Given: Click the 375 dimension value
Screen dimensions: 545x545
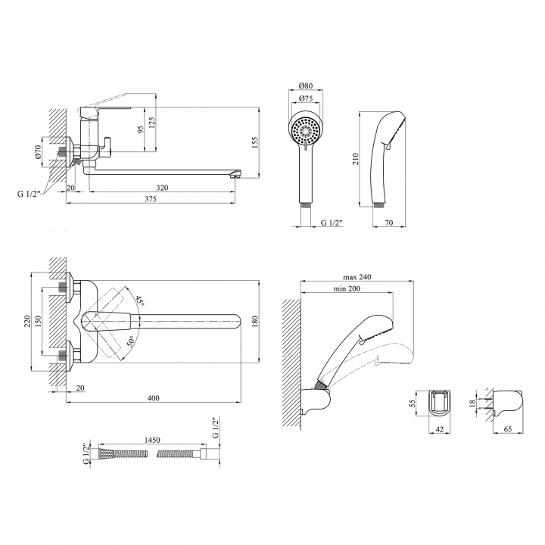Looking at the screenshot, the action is pyautogui.click(x=151, y=199).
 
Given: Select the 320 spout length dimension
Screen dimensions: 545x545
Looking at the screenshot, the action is pyautogui.click(x=162, y=188).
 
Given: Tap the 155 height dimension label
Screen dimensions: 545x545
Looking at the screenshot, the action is pyautogui.click(x=255, y=142).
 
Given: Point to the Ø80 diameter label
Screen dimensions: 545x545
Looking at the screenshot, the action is pyautogui.click(x=306, y=86).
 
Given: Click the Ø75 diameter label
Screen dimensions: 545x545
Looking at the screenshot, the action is pyautogui.click(x=306, y=98).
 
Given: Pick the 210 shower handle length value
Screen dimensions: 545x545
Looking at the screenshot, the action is pyautogui.click(x=356, y=159).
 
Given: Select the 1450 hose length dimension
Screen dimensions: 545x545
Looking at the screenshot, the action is pyautogui.click(x=152, y=440).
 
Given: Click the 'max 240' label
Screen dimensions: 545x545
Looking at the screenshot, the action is pyautogui.click(x=357, y=277).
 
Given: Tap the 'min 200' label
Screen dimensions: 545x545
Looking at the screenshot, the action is pyautogui.click(x=347, y=288).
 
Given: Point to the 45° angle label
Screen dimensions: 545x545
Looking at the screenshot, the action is pyautogui.click(x=140, y=301).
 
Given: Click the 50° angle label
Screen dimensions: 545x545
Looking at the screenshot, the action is pyautogui.click(x=130, y=341).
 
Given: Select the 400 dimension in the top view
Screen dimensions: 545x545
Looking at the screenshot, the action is pyautogui.click(x=153, y=398).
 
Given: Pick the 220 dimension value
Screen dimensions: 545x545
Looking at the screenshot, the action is pyautogui.click(x=28, y=321).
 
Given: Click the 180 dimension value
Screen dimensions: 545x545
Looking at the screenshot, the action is pyautogui.click(x=255, y=321).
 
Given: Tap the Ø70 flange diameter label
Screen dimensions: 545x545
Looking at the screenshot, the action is pyautogui.click(x=38, y=152).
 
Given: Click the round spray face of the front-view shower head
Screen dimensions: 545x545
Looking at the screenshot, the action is pyautogui.click(x=306, y=132).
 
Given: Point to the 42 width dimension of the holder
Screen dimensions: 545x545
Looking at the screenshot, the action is pyautogui.click(x=440, y=429).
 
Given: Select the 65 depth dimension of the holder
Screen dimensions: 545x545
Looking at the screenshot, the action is pyautogui.click(x=508, y=429).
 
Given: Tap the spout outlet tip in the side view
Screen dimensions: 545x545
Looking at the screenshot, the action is pyautogui.click(x=236, y=176).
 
